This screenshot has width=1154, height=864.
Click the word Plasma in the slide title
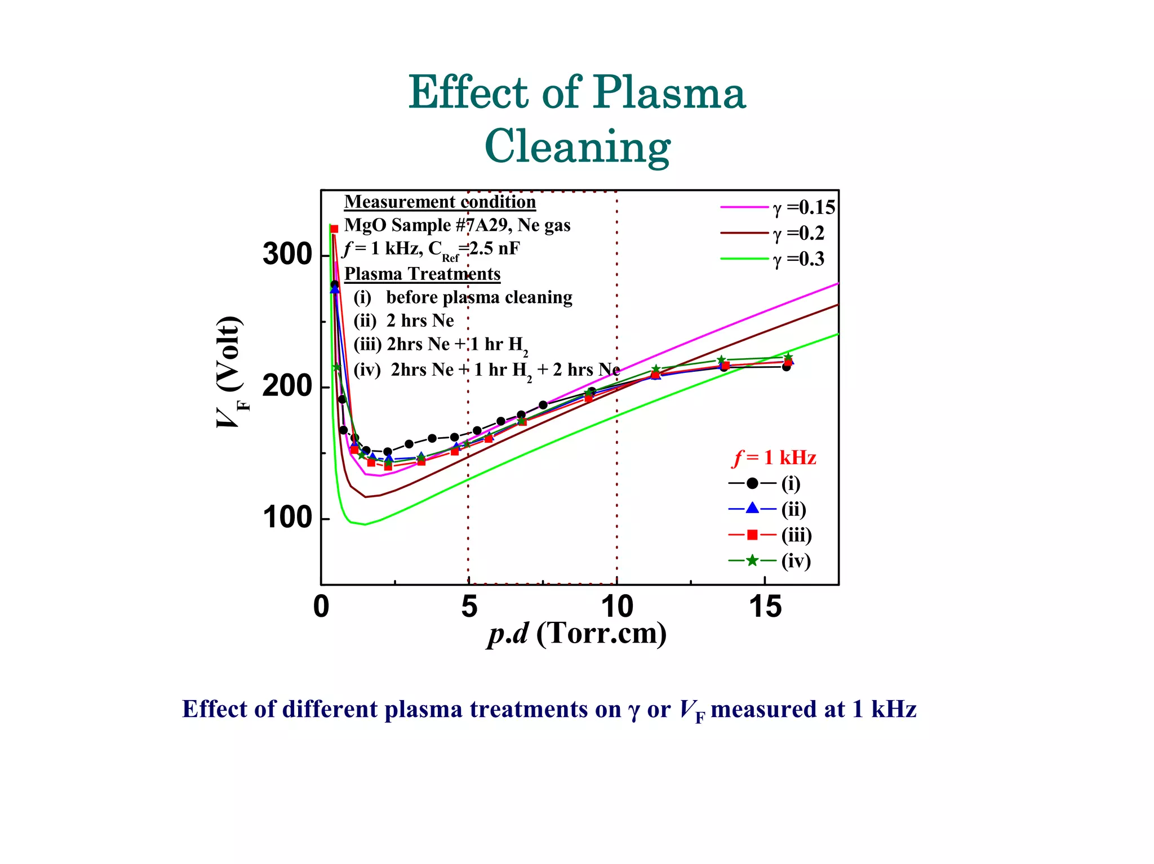(x=669, y=93)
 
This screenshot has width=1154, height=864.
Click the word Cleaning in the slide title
(x=577, y=146)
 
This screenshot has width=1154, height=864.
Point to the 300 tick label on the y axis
(x=287, y=255)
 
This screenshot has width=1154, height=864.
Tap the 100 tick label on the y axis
(x=287, y=518)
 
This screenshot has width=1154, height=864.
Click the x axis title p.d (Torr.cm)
(x=577, y=634)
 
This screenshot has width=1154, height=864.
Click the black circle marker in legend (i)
(x=752, y=483)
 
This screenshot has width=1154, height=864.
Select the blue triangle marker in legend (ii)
(x=752, y=509)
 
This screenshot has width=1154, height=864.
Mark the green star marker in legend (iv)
(x=752, y=560)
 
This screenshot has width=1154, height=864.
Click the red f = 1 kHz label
(x=774, y=457)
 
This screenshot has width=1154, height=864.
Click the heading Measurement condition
(x=440, y=202)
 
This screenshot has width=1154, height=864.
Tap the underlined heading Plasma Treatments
(x=422, y=274)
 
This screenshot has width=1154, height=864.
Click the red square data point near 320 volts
(x=334, y=229)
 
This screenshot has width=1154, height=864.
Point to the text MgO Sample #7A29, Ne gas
(x=457, y=225)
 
